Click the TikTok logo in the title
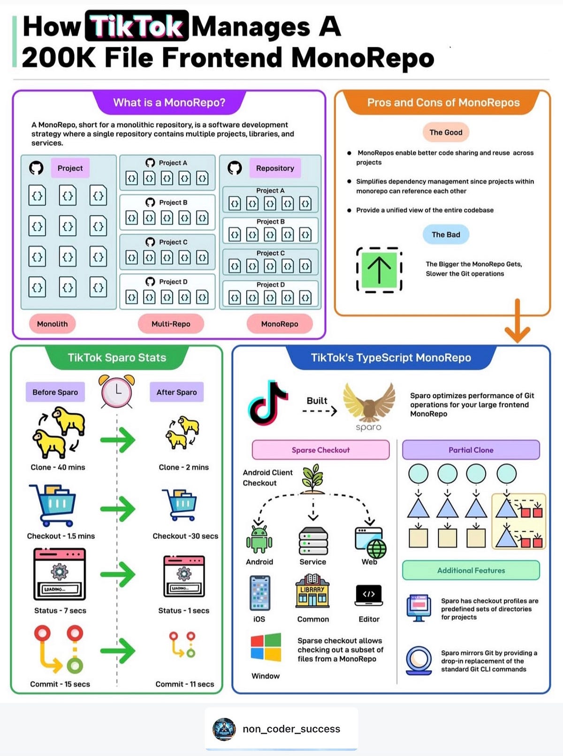[137, 26]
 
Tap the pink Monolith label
[52, 324]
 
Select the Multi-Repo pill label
[171, 324]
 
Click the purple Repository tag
[275, 168]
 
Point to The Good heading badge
[446, 132]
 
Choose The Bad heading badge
[446, 235]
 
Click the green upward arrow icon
[379, 270]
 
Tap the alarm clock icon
[117, 391]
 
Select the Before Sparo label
[55, 392]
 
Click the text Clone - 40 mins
[58, 467]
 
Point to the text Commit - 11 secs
[185, 684]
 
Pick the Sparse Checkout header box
[321, 450]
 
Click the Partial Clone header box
[471, 450]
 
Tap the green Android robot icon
[259, 538]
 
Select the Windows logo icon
[266, 647]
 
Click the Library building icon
[312, 591]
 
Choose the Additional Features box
[471, 571]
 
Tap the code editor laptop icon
[369, 595]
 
